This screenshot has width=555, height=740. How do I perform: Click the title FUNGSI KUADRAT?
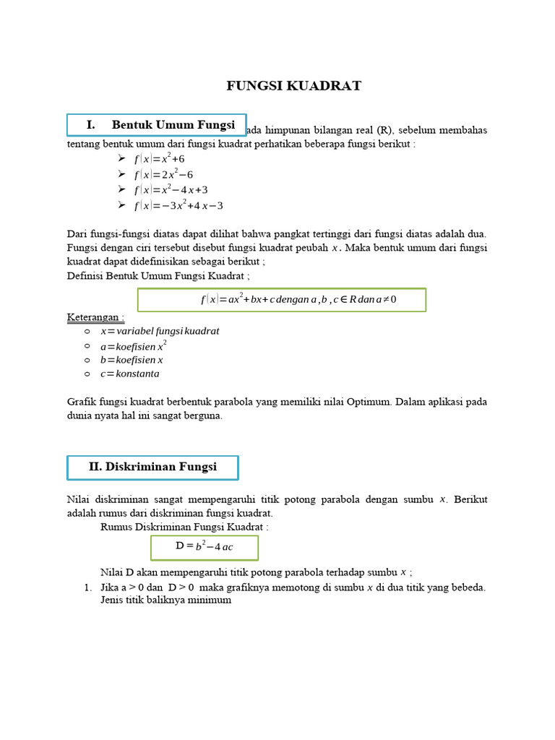(x=293, y=86)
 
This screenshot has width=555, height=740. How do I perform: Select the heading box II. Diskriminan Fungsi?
(x=152, y=467)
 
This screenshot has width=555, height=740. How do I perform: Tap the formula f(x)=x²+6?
(x=159, y=158)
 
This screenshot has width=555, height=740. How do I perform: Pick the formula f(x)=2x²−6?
(x=163, y=174)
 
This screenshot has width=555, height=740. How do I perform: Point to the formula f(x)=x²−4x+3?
(x=171, y=189)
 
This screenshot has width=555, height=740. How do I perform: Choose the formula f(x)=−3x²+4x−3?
(x=178, y=205)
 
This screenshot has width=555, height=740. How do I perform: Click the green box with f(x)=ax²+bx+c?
(x=282, y=299)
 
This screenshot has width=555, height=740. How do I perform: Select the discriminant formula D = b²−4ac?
(x=205, y=546)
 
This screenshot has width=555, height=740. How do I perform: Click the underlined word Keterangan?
(x=95, y=317)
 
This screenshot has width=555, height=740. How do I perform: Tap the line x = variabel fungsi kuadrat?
(x=160, y=331)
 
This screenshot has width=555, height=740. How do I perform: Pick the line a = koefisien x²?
(x=134, y=346)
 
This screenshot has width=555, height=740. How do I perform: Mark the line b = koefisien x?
(x=132, y=360)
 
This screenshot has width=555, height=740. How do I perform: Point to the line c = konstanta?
(x=130, y=374)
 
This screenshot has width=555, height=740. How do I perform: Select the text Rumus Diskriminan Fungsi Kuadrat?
(x=184, y=527)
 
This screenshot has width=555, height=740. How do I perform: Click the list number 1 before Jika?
(x=87, y=588)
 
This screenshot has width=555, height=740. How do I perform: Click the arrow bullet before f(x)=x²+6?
(x=121, y=158)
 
